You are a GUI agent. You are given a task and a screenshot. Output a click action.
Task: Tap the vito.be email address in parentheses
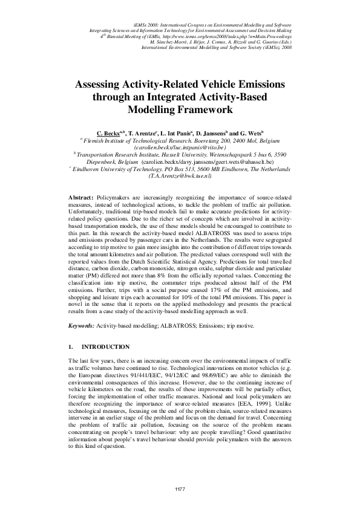(x=180, y=146)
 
